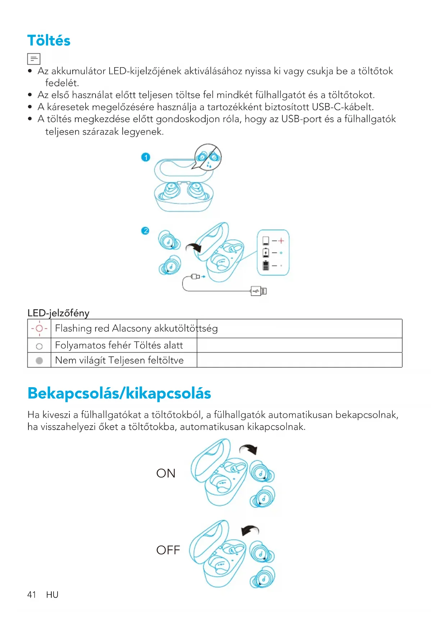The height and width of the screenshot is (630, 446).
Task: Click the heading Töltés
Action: click(x=49, y=41)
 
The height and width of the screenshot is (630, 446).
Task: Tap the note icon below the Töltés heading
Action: click(x=34, y=59)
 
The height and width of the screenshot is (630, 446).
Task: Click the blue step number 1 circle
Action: click(x=146, y=157)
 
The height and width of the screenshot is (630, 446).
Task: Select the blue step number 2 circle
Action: click(x=145, y=231)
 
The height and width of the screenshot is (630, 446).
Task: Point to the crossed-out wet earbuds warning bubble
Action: click(x=208, y=157)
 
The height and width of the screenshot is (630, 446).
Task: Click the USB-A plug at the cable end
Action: click(x=259, y=291)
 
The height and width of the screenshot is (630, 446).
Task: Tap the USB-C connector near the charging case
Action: click(x=196, y=277)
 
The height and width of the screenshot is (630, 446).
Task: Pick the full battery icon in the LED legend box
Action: click(x=266, y=265)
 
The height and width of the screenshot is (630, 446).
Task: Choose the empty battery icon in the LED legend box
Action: click(x=266, y=241)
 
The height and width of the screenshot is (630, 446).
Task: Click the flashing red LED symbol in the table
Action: click(x=39, y=328)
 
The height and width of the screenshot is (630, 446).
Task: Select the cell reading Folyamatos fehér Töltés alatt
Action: click(x=119, y=345)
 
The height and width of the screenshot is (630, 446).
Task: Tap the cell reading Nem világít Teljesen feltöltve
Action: click(x=119, y=360)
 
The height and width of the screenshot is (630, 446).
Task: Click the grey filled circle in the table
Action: click(x=40, y=360)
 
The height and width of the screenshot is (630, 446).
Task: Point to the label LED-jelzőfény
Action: click(x=58, y=313)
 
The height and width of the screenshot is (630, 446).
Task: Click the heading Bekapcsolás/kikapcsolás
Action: click(x=119, y=393)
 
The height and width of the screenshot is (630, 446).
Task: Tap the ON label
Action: click(x=166, y=473)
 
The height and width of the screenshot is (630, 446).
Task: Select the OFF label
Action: click(x=168, y=550)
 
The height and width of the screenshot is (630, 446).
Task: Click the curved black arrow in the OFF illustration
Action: click(x=250, y=530)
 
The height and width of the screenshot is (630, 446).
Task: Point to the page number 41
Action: click(x=32, y=595)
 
